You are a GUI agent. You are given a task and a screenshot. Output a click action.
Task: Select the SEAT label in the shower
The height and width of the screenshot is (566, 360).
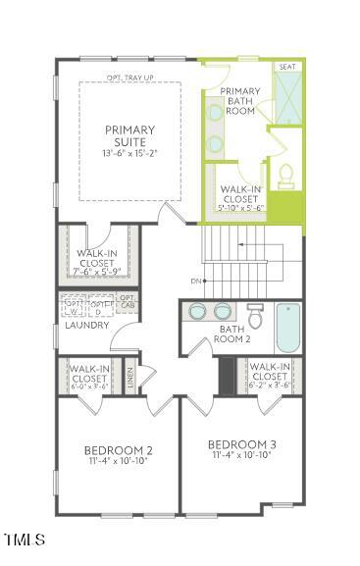(287, 67)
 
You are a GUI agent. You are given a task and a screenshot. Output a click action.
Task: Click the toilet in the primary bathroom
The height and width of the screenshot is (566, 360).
(286, 177)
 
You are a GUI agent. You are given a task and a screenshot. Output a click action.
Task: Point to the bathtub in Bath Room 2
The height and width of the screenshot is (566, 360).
(286, 327)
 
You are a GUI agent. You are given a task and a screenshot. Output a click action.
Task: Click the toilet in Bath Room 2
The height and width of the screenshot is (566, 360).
(255, 316)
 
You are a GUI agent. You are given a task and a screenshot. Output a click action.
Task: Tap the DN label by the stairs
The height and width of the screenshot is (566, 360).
(196, 281)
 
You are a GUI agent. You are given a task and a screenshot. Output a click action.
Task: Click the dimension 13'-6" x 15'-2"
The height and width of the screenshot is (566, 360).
(129, 154)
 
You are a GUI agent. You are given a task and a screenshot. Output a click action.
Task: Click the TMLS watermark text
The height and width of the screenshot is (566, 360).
(24, 540)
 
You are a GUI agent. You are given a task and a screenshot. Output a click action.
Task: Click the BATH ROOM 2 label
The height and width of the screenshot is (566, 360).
(235, 334)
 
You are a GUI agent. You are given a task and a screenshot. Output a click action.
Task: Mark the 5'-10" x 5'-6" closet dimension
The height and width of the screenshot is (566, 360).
(241, 207)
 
